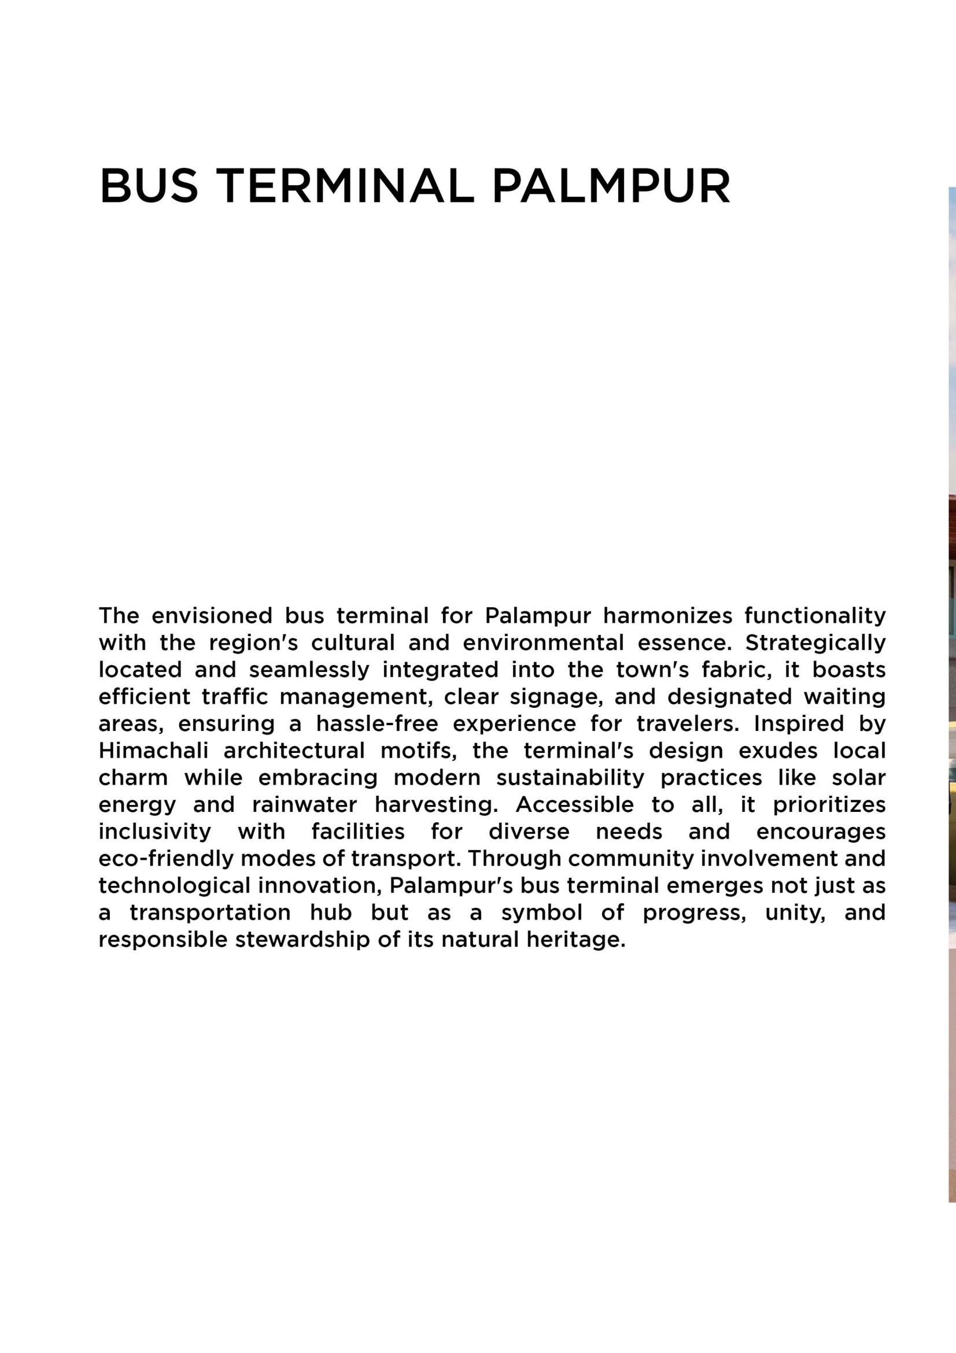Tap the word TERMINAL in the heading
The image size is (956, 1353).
coord(345,186)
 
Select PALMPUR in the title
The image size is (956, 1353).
coord(611,186)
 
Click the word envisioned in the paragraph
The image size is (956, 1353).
coord(212,616)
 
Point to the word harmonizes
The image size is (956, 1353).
coord(667,616)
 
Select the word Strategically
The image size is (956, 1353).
coord(815,643)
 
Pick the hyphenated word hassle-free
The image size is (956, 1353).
coord(377,723)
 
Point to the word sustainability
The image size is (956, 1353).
coord(570,778)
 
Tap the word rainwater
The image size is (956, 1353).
coord(305,805)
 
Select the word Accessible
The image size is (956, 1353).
coord(574,805)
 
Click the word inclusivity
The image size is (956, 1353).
coord(154,832)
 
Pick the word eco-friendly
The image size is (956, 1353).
coord(165,859)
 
